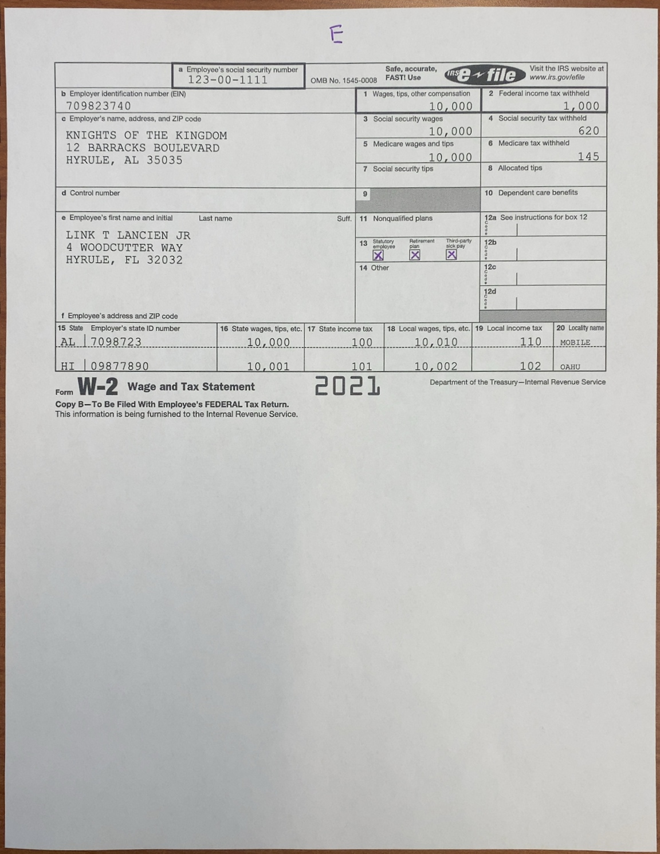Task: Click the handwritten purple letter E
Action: click(x=337, y=35)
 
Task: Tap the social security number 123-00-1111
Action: click(x=227, y=80)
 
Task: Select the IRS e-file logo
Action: click(x=481, y=74)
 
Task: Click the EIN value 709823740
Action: click(x=99, y=106)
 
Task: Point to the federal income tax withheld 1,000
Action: click(x=580, y=106)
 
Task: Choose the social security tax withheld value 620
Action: click(x=588, y=131)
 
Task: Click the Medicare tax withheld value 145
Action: click(x=588, y=156)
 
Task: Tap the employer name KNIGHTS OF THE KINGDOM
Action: click(x=146, y=136)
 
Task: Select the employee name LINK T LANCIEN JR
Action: click(x=128, y=235)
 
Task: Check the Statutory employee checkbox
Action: click(x=378, y=255)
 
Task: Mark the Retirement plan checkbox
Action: click(x=415, y=255)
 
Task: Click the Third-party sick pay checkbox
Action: click(x=451, y=255)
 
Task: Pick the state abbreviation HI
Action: click(x=68, y=366)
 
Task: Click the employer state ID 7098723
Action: click(x=116, y=342)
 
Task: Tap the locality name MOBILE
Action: click(x=575, y=342)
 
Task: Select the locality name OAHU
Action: click(x=570, y=367)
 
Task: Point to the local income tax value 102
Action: click(x=531, y=366)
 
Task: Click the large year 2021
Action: click(x=347, y=386)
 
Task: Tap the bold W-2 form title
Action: click(x=98, y=388)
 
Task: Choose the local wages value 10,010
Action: click(x=436, y=342)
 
